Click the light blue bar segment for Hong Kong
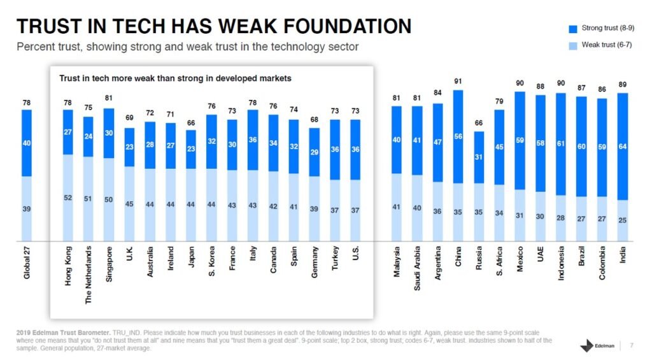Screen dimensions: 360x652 click(68, 198)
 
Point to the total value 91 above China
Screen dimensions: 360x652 click(458, 81)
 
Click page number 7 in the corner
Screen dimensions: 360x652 click(631, 346)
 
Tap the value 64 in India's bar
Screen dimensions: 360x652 click(622, 147)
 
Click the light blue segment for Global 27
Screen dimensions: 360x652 click(27, 209)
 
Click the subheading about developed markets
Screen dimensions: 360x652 click(175, 78)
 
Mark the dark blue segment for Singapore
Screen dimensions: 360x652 click(109, 133)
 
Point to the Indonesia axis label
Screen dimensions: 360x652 click(561, 268)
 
